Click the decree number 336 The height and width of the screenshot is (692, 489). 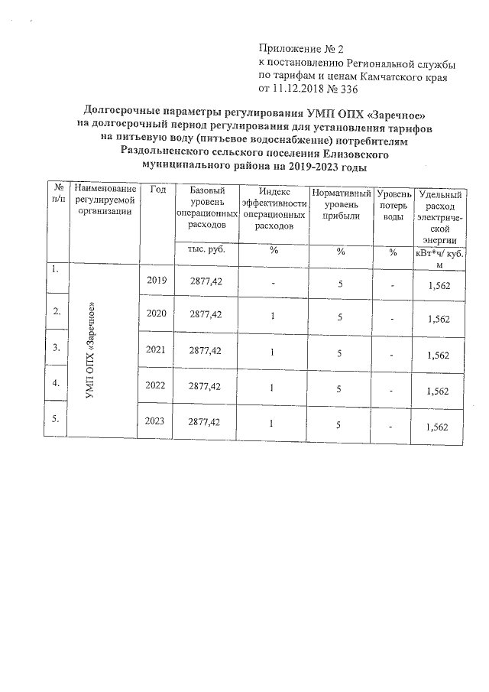(x=348, y=89)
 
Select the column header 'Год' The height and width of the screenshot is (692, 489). (x=158, y=190)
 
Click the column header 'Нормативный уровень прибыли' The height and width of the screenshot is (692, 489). (x=341, y=205)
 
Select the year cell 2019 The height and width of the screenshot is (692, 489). (x=156, y=281)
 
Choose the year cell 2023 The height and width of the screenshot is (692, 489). (x=156, y=422)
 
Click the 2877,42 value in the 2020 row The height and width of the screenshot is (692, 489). (x=206, y=314)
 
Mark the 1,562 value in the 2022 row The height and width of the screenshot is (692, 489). (x=438, y=391)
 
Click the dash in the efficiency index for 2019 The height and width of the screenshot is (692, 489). (x=273, y=283)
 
